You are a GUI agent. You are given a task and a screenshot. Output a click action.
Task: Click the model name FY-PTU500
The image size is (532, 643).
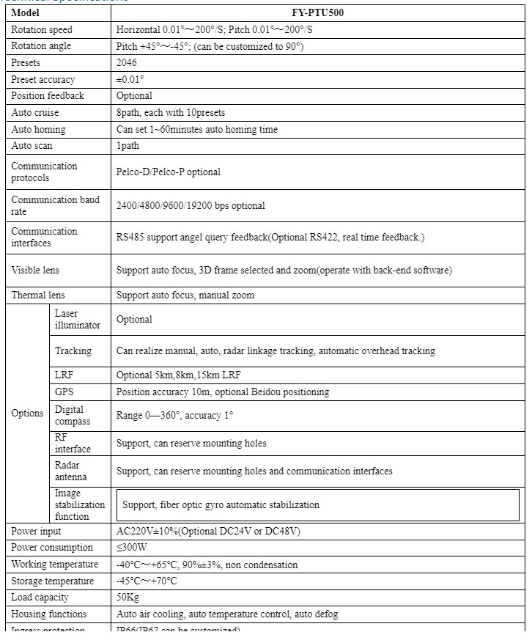317,13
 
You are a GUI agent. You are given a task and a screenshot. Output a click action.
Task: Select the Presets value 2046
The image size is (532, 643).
127,63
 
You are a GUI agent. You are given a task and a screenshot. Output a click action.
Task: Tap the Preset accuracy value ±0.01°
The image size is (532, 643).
130,79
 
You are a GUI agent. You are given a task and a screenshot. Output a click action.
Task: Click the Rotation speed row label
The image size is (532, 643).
42,30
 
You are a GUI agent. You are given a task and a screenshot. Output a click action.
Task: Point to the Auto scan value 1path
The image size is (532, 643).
129,145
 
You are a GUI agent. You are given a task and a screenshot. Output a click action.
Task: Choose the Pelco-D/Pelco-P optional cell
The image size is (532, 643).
168,172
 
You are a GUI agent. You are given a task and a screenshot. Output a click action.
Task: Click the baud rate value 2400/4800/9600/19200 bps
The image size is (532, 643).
191,206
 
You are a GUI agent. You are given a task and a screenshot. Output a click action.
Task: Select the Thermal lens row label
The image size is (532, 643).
38,295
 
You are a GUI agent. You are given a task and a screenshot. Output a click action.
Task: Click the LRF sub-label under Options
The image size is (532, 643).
64,375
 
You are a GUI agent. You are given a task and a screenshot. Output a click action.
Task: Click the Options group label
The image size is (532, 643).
27,413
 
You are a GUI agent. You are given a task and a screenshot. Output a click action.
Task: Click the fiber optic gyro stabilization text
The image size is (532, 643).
221,505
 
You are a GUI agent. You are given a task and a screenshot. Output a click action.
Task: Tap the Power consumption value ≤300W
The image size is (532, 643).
132,548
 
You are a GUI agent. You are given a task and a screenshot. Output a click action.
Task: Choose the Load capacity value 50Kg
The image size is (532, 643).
128,598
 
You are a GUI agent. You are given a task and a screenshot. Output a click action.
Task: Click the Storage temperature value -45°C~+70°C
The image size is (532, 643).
147,581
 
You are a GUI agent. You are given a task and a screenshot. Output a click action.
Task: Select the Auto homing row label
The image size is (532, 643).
38,129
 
